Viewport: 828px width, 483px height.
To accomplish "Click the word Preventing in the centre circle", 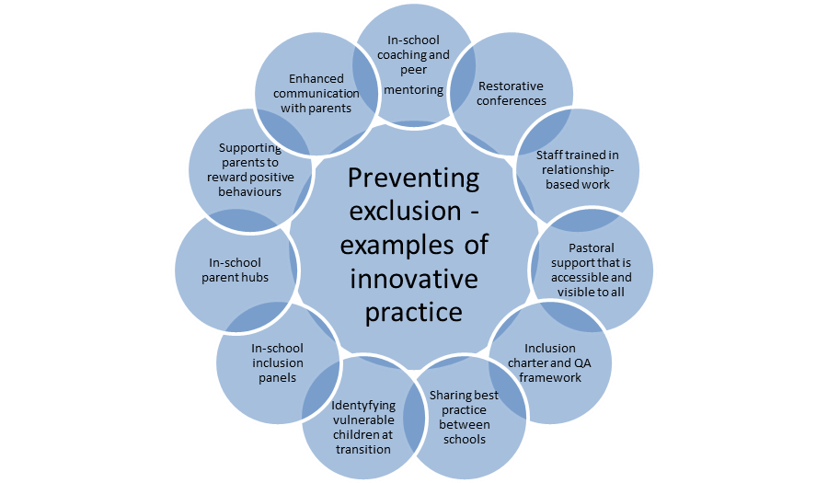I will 413,178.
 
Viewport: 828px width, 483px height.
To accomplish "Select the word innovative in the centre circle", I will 413,279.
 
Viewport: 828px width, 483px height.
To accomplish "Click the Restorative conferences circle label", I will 511,94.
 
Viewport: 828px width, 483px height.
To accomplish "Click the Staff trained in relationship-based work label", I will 578,169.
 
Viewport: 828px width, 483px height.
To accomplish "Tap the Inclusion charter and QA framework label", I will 550,362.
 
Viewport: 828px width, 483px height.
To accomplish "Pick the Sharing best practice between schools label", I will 465,417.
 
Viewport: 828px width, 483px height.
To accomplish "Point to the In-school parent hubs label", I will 236,270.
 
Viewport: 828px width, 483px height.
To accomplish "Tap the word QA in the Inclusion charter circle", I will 567,362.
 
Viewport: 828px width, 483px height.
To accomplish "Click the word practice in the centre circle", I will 413,312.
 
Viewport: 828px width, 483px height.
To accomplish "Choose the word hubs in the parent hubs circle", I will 254,277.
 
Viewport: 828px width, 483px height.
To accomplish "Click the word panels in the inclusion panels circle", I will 277,377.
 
